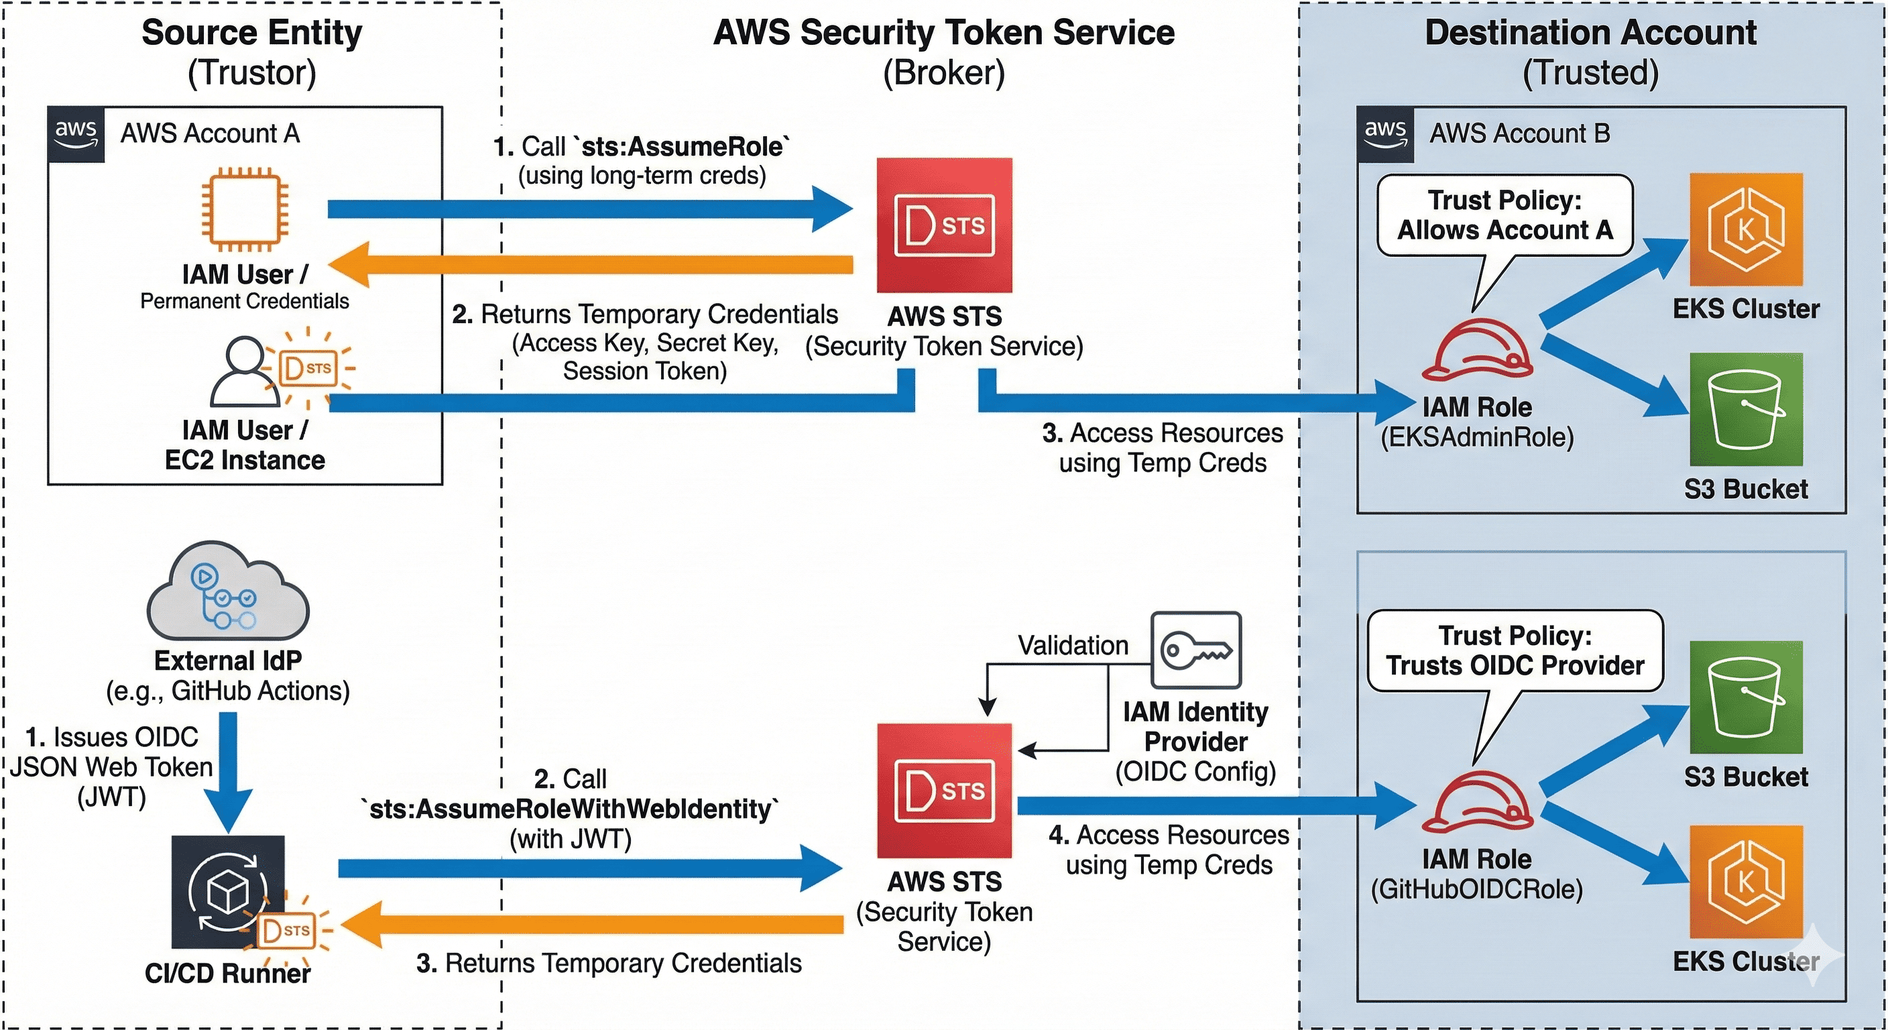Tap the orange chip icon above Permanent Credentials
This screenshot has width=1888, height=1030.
pyautogui.click(x=244, y=211)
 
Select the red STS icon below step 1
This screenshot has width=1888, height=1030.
pyautogui.click(x=944, y=225)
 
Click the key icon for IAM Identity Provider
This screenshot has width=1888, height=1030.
pyautogui.click(x=1196, y=650)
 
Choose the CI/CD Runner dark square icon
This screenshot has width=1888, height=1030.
pyautogui.click(x=228, y=891)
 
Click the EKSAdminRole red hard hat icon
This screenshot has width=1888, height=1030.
pyautogui.click(x=1477, y=351)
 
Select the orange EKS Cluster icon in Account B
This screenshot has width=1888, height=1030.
pyautogui.click(x=1746, y=229)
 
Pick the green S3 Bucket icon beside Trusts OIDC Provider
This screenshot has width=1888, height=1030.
pyautogui.click(x=1746, y=697)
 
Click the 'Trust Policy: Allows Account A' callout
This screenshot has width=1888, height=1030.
pyautogui.click(x=1504, y=215)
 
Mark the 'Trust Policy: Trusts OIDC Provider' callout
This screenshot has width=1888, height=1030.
pyautogui.click(x=1515, y=650)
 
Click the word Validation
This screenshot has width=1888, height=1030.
pyautogui.click(x=1073, y=645)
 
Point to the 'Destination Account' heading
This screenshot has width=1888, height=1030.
pyautogui.click(x=1590, y=33)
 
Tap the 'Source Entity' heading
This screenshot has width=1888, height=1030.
pyautogui.click(x=251, y=33)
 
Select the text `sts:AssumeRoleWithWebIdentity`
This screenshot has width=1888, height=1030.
pyautogui.click(x=570, y=809)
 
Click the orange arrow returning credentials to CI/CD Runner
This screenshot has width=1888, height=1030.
pyautogui.click(x=593, y=925)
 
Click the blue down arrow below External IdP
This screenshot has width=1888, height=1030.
pyautogui.click(x=228, y=770)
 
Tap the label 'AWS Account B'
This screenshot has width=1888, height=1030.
pyautogui.click(x=1519, y=133)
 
